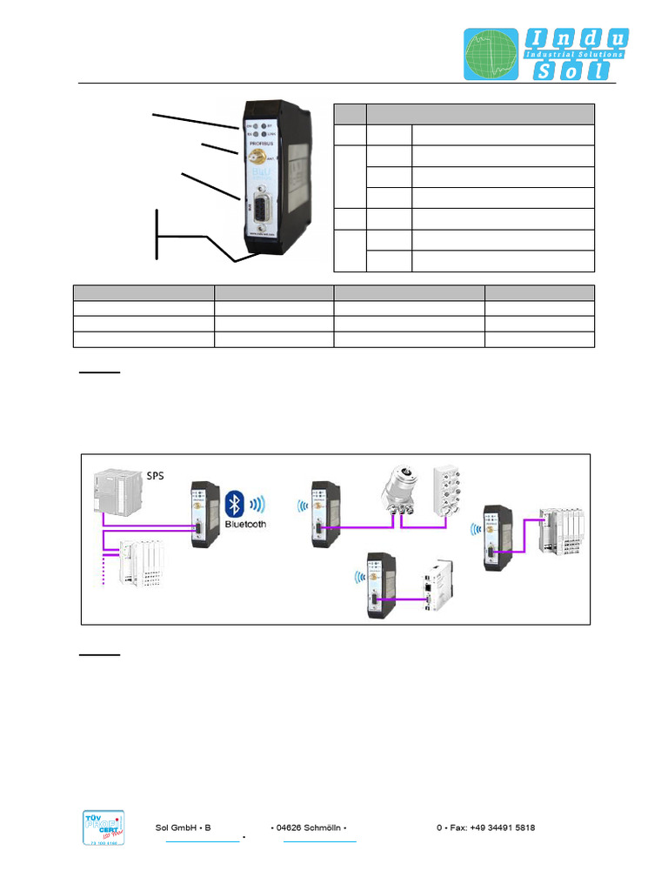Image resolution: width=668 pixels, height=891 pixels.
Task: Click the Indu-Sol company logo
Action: pyautogui.click(x=545, y=55)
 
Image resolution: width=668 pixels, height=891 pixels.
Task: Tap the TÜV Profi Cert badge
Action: pyautogui.click(x=103, y=827)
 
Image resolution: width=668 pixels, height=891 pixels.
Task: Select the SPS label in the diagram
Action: pyautogui.click(x=155, y=475)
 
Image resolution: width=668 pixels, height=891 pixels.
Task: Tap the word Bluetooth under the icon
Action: pyautogui.click(x=246, y=525)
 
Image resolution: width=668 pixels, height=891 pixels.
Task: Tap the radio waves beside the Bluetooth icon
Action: pyautogui.click(x=258, y=505)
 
